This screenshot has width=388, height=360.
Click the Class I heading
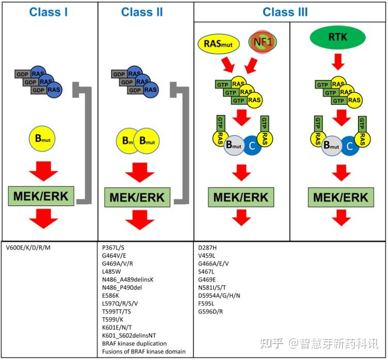pos(48,12)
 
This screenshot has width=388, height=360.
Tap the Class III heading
pos(285,12)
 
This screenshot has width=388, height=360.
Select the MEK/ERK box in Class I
pos(42,197)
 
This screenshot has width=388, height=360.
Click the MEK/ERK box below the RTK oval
pos(341,197)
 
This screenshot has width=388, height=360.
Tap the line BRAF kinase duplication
pos(135,343)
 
